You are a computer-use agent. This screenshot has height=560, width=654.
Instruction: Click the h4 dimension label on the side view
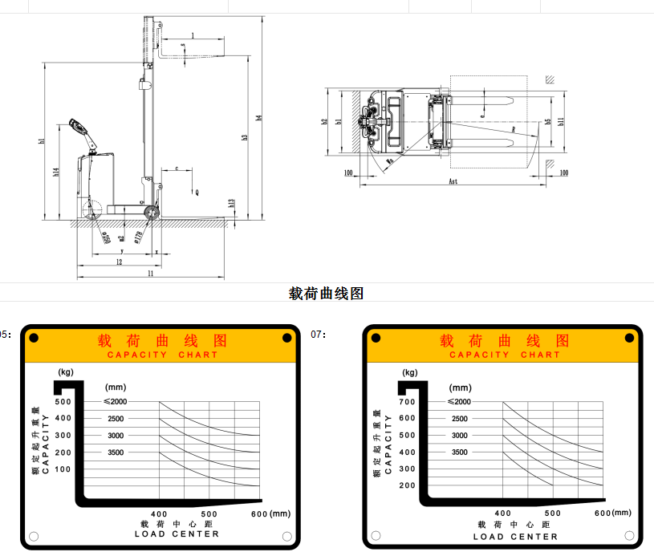(x=258, y=118)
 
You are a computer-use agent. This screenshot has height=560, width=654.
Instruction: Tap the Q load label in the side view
(x=197, y=193)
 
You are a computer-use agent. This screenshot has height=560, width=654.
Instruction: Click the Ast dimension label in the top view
(x=453, y=182)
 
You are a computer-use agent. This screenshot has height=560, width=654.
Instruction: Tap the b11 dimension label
(x=562, y=121)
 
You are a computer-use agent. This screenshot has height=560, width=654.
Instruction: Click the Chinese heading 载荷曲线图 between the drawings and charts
(x=326, y=294)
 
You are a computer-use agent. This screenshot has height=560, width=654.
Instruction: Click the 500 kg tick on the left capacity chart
(x=63, y=401)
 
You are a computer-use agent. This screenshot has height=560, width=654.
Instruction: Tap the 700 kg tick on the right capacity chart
(x=407, y=401)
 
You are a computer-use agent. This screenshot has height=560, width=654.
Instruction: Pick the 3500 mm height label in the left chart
(x=115, y=452)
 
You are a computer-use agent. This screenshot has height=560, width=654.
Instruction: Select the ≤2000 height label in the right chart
(x=459, y=401)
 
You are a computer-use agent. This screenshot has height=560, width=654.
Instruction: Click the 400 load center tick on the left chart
(x=159, y=513)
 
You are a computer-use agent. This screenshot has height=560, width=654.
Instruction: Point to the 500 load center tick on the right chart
(x=552, y=513)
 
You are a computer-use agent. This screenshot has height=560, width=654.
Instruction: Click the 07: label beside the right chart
(x=319, y=334)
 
